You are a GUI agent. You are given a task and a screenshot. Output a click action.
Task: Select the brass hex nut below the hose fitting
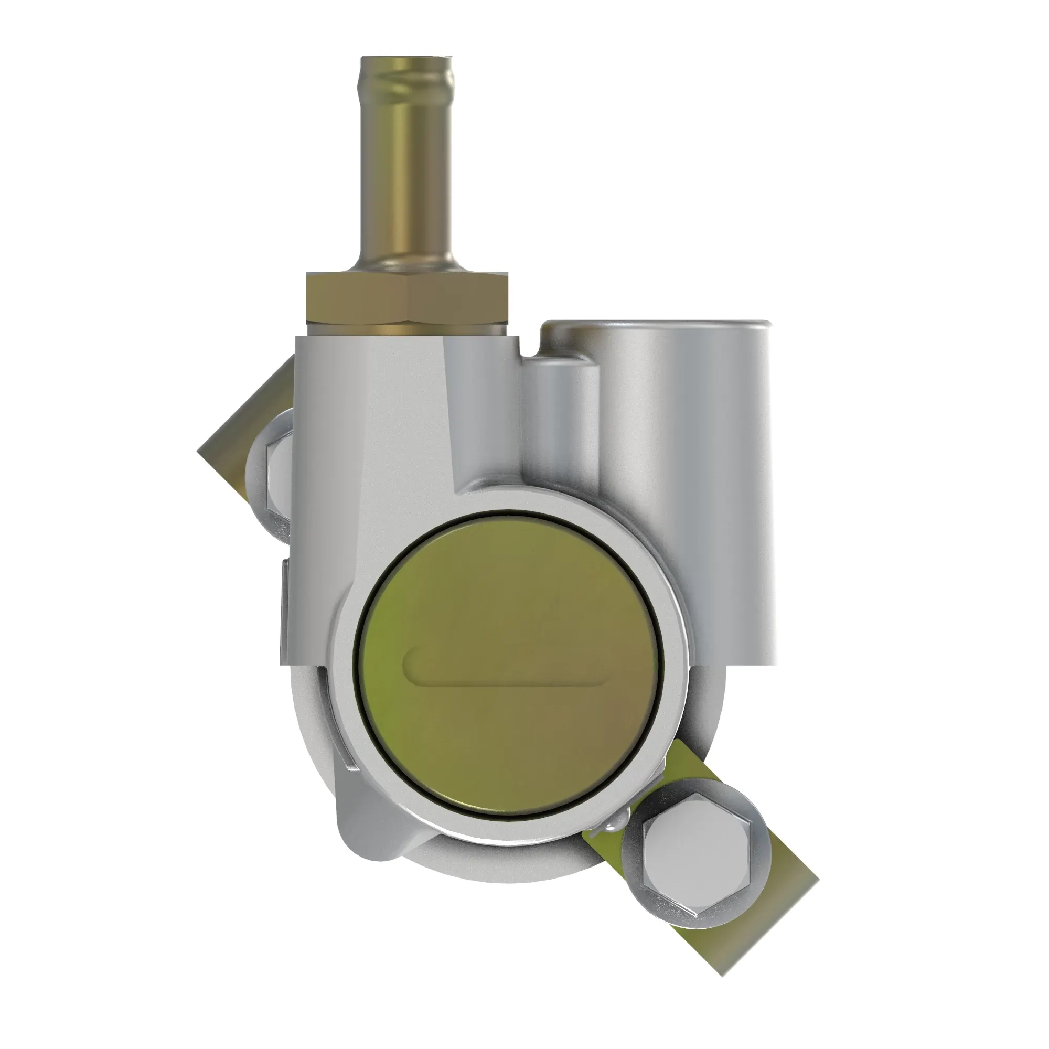(x=406, y=297)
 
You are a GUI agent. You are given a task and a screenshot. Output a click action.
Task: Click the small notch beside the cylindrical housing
(x=528, y=348)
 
